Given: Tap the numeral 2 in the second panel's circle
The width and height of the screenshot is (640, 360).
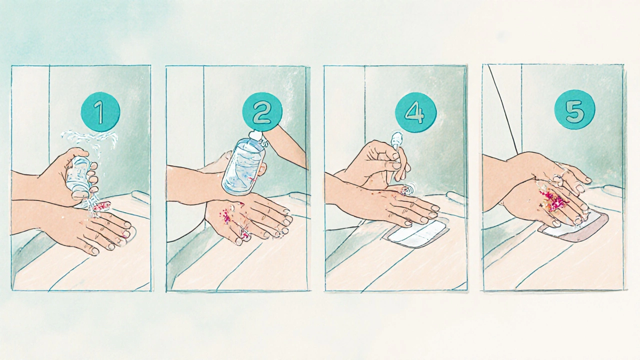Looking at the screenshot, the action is pyautogui.click(x=261, y=112).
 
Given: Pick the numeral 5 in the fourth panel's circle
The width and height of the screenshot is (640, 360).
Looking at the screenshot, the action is pyautogui.click(x=574, y=110).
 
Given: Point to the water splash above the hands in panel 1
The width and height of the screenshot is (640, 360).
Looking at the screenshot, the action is pyautogui.click(x=90, y=140).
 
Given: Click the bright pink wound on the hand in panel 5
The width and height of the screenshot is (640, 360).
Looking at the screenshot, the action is pyautogui.click(x=553, y=200).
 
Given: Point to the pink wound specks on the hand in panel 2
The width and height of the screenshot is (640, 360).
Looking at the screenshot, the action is pyautogui.click(x=227, y=214).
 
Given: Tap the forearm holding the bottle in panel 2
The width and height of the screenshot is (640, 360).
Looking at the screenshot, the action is pyautogui.click(x=285, y=145).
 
